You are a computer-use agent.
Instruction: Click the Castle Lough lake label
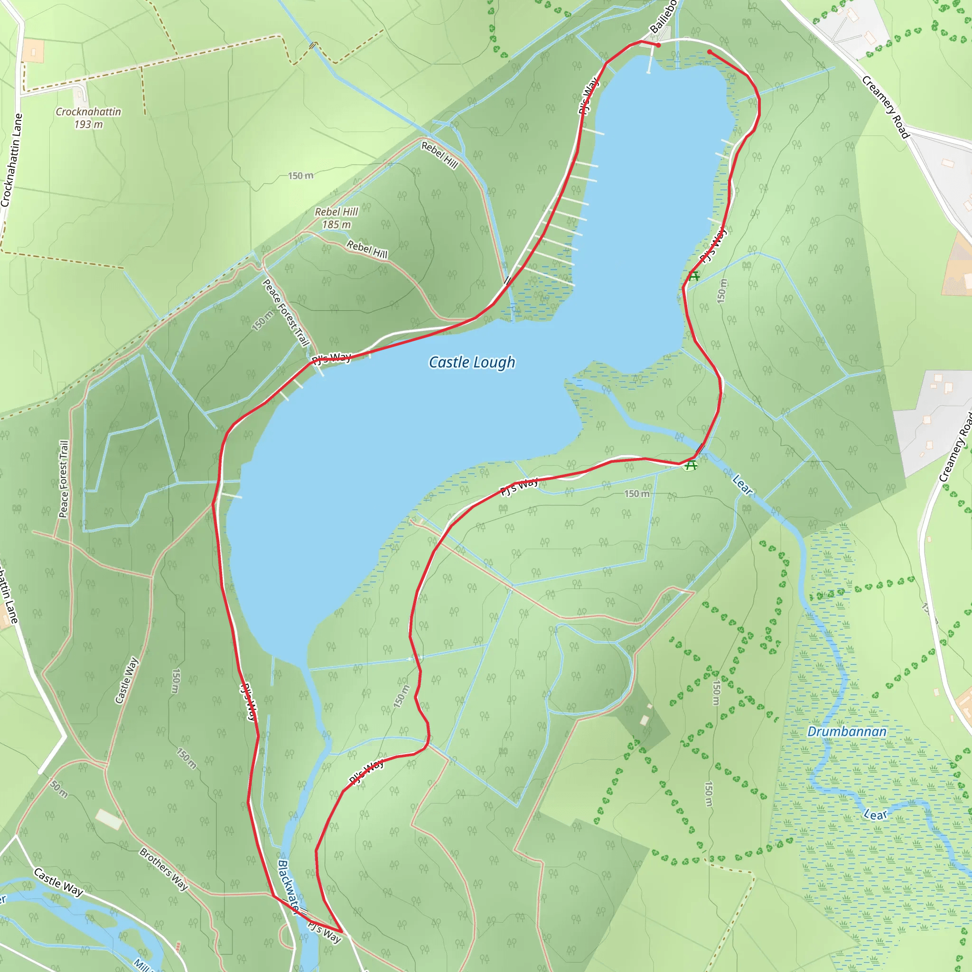click(x=471, y=362)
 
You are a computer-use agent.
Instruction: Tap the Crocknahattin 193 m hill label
click(x=89, y=118)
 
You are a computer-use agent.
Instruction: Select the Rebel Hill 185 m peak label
click(x=336, y=218)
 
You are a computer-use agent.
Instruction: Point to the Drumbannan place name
click(x=847, y=731)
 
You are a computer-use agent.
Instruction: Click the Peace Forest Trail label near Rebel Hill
click(x=285, y=312)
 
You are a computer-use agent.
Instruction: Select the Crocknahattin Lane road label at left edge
click(x=11, y=160)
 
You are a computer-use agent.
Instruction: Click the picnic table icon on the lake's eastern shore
click(x=694, y=276)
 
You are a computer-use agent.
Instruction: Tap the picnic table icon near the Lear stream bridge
click(x=691, y=466)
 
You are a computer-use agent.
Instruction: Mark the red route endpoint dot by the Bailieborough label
click(x=658, y=45)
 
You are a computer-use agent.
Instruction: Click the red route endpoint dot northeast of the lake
click(x=710, y=52)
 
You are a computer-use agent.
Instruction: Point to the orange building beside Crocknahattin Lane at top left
click(x=33, y=51)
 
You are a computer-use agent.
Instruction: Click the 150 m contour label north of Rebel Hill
click(x=300, y=176)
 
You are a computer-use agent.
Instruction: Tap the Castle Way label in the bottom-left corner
click(x=58, y=882)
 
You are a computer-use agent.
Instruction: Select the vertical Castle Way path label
click(x=126, y=680)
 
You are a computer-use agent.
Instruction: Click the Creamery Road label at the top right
click(x=886, y=107)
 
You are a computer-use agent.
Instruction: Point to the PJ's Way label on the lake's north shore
click(x=331, y=358)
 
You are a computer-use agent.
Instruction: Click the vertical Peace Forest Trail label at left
click(x=64, y=479)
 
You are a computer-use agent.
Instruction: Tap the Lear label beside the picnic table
click(x=742, y=486)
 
